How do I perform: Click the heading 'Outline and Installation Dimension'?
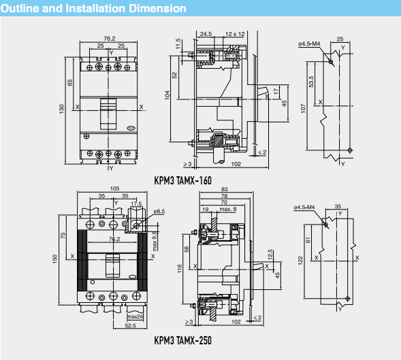(x=94, y=9)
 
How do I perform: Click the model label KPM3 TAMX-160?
(x=183, y=181)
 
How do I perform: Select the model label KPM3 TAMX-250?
(x=182, y=340)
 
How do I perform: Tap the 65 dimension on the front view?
(x=70, y=82)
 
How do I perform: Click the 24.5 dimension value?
(x=206, y=33)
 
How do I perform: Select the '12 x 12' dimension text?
(x=235, y=33)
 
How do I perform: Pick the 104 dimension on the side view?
(x=168, y=95)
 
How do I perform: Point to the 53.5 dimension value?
(x=311, y=82)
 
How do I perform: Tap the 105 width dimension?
(x=114, y=189)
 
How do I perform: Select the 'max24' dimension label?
(x=135, y=316)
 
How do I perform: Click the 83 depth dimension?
(x=224, y=189)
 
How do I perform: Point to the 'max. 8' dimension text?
(x=227, y=209)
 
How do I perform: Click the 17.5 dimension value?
(x=135, y=203)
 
